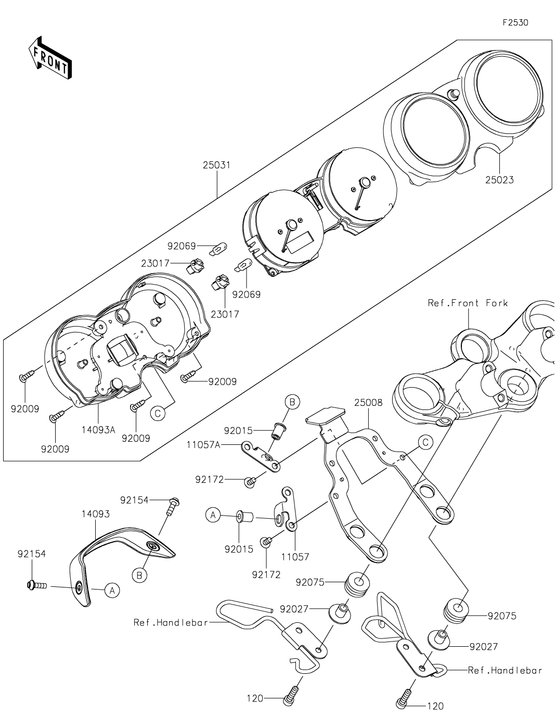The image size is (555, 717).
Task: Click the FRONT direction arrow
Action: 49,57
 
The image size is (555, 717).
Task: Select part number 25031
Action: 216,165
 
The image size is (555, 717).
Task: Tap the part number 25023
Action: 499,180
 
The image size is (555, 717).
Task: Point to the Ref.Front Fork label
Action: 468,303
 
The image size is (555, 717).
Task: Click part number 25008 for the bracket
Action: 368,402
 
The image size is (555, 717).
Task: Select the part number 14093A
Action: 98,430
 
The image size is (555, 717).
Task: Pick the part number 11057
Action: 295,557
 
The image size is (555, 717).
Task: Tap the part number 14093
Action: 95,514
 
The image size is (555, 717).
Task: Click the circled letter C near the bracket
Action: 425,442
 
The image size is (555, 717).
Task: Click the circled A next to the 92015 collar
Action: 212,516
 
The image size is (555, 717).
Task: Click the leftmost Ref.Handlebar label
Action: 171,622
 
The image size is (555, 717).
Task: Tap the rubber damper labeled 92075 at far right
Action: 455,609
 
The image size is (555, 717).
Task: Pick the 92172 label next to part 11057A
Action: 210,479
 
